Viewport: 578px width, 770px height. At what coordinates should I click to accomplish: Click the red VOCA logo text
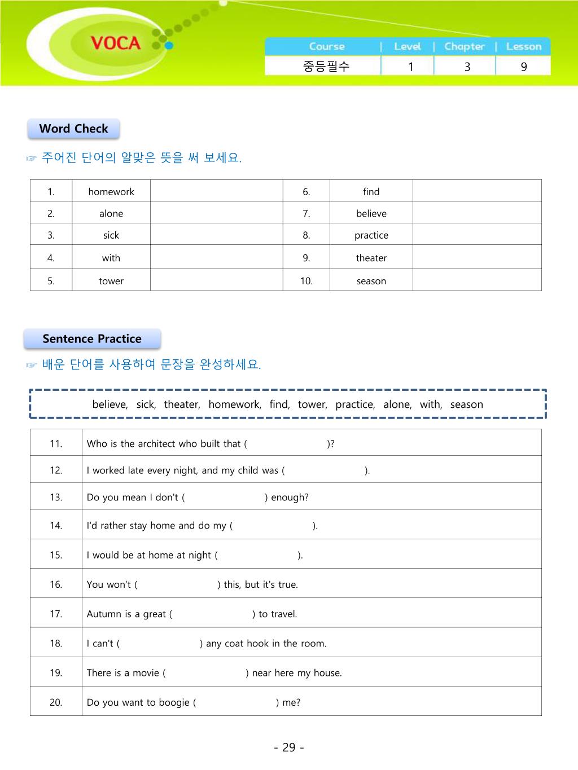tap(115, 43)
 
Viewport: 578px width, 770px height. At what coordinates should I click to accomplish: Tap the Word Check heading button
tap(73, 129)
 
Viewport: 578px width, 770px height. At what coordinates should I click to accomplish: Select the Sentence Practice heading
tap(92, 339)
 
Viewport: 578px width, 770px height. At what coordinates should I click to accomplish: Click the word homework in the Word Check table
tap(111, 192)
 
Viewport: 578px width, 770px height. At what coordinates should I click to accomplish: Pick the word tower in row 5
tap(111, 281)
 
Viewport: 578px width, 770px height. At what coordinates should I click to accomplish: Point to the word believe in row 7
tap(371, 214)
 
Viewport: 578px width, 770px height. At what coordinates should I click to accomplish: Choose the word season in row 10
tap(371, 281)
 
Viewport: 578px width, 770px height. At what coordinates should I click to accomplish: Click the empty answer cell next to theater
tap(477, 258)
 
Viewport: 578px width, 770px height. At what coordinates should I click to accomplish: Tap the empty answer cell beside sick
tap(216, 235)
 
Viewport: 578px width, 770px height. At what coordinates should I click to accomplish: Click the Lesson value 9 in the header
tap(524, 67)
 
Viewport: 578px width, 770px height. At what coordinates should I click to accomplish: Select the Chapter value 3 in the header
tap(467, 67)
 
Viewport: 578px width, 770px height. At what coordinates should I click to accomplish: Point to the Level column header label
tap(408, 47)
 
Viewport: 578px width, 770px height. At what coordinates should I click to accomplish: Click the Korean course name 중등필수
tap(326, 67)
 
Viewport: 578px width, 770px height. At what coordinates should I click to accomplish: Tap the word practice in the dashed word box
tap(355, 404)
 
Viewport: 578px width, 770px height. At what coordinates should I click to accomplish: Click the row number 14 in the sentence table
tap(56, 526)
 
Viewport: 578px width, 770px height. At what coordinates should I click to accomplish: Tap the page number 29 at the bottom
tap(289, 747)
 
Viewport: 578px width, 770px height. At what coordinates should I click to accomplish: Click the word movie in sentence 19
tap(146, 673)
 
